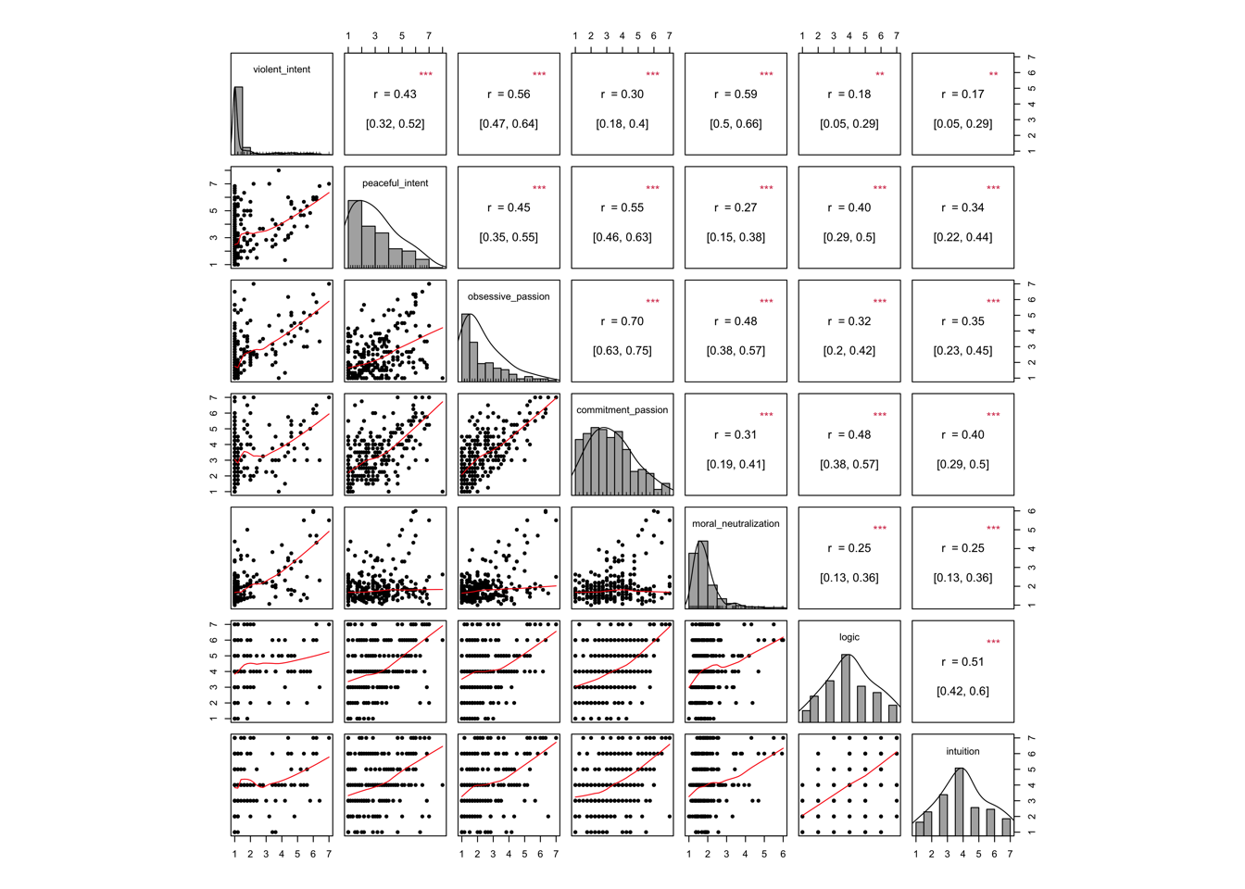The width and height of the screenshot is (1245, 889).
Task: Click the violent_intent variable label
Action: click(282, 69)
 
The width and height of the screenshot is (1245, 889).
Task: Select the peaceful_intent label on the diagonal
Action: click(396, 183)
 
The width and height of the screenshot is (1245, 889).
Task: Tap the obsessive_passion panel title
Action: click(509, 296)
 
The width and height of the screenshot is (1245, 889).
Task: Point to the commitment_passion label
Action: click(622, 410)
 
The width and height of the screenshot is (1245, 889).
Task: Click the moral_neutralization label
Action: click(736, 524)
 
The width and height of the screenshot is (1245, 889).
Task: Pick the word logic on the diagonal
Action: click(849, 637)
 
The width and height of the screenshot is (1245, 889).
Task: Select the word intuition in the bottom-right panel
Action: click(962, 751)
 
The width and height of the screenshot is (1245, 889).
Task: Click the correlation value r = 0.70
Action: click(622, 321)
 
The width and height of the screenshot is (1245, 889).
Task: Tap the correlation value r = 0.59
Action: click(736, 94)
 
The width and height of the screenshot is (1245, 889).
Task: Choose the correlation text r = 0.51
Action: click(962, 662)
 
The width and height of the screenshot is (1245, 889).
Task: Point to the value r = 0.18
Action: click(849, 94)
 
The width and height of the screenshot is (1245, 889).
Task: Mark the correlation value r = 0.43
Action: click(396, 94)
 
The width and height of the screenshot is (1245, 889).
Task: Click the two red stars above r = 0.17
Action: click(993, 75)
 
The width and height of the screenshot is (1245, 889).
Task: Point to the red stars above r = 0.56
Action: click(539, 75)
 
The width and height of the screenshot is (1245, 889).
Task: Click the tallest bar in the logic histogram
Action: click(846, 688)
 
